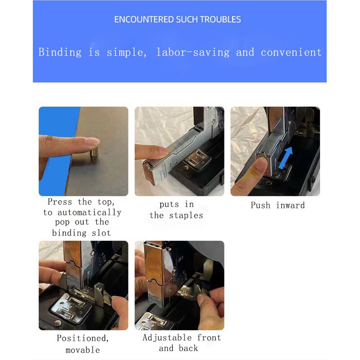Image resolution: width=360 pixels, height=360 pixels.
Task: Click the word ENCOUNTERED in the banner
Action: click(144, 19)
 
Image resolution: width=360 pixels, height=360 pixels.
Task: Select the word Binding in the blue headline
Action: click(60, 53)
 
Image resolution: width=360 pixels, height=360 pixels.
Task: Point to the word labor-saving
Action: click(193, 52)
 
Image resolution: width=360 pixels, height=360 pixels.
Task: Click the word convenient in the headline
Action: click(291, 52)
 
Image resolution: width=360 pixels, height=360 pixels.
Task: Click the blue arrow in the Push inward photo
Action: click(285, 158)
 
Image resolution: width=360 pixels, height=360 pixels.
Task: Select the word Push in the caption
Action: click(261, 205)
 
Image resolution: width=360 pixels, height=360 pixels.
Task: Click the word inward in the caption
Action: click(290, 205)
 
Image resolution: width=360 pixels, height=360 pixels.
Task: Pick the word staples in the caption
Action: click(186, 216)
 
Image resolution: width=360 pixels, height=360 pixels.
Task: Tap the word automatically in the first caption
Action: click(89, 212)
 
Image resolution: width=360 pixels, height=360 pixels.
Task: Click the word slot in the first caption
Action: click(101, 233)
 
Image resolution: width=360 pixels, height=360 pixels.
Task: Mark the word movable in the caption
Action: click(83, 350)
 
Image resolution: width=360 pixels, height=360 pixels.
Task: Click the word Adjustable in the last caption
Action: click(167, 338)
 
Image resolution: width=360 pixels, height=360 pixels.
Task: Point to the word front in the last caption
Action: click(209, 337)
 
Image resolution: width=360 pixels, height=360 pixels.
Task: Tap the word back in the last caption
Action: click(188, 348)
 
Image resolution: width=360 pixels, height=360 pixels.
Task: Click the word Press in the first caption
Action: click(60, 202)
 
